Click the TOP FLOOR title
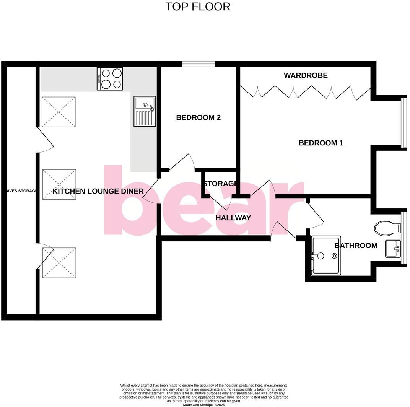pos(198,7)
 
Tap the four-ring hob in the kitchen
pos(110,79)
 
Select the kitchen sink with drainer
pos(145,111)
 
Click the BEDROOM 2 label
pos(198,117)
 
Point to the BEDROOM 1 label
pos(321,143)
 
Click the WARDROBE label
pos(306,75)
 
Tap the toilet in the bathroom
pos(386,229)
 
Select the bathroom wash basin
pos(393,249)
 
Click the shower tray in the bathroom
pos(326,255)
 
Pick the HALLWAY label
pos(233,218)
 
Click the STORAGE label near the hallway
pos(220,184)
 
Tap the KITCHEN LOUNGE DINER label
pos(98,191)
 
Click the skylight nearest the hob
pos(59,112)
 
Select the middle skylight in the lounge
pos(59,184)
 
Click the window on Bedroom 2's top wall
pos(198,64)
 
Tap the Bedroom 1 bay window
pos(403,122)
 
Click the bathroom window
pos(403,238)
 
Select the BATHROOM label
pos(356,246)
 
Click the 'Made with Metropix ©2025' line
pos(204,405)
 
